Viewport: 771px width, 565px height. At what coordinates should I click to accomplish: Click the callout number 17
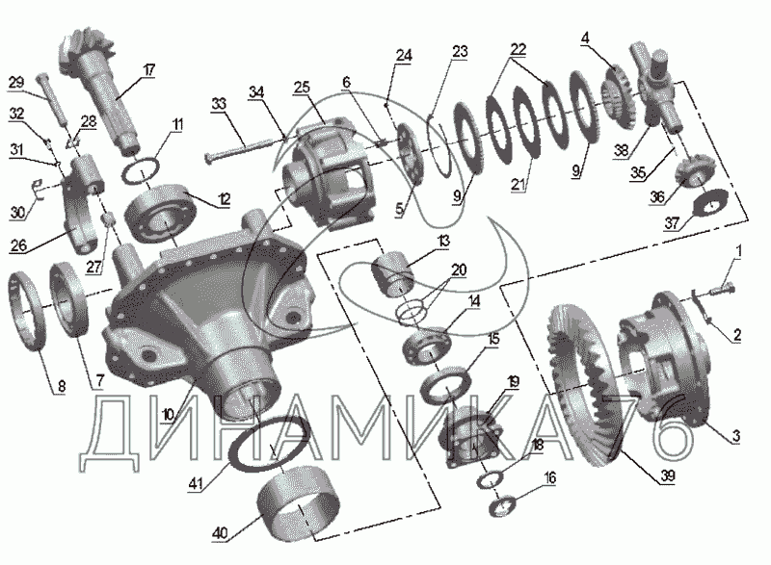(x=148, y=69)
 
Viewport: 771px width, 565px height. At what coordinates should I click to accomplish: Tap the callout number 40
(x=221, y=532)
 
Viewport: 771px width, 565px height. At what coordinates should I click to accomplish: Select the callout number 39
(x=667, y=475)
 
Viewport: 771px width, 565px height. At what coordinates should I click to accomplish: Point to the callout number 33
(x=220, y=103)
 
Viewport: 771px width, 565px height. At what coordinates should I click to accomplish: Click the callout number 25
(x=302, y=88)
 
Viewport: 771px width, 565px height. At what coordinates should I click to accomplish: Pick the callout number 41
(x=196, y=483)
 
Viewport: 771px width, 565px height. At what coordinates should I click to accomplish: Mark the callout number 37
(x=672, y=223)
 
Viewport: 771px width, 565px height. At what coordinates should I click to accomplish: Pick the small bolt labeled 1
(x=723, y=290)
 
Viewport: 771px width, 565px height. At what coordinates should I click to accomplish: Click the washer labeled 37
(x=709, y=202)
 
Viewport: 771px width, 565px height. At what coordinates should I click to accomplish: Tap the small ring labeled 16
(x=502, y=506)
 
